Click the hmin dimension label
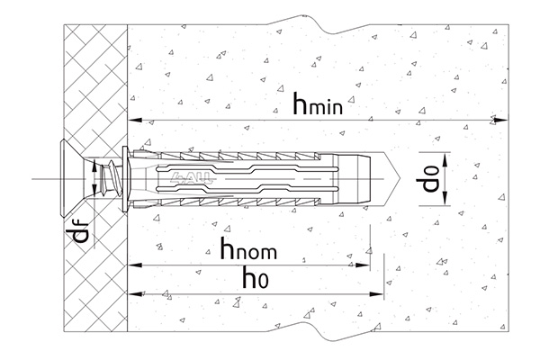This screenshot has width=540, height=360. (318, 103)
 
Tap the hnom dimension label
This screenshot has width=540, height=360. (248, 248)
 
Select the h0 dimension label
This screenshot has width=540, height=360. (256, 278)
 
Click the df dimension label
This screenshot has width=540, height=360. (81, 230)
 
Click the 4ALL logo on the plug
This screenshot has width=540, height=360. (191, 177)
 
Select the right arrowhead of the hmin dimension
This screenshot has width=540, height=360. (500, 121)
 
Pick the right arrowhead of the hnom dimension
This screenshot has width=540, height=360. (362, 265)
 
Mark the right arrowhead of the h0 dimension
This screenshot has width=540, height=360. (375, 294)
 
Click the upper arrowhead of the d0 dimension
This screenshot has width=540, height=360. (445, 159)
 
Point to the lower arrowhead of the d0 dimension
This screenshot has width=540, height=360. (445, 198)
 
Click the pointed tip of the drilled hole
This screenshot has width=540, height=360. (400, 179)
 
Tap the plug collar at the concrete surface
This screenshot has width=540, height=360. (126, 178)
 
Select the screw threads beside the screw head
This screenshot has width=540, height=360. (110, 179)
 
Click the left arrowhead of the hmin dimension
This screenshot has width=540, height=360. (135, 121)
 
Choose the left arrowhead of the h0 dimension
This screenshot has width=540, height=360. (135, 294)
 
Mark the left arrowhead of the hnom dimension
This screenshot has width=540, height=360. (135, 265)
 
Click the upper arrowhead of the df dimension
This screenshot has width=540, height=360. (94, 167)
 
